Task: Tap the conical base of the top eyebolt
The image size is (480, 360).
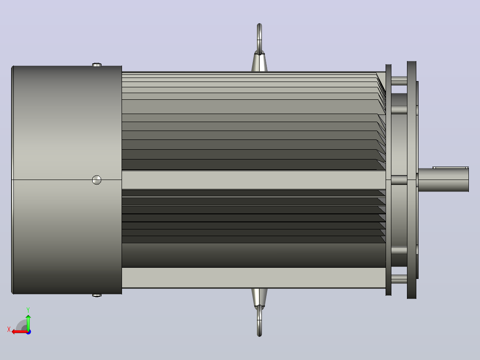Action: (x=259, y=62)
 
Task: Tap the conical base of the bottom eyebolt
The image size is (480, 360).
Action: (x=259, y=297)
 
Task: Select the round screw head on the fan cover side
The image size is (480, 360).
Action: (x=97, y=180)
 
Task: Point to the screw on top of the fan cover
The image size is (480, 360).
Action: (x=97, y=65)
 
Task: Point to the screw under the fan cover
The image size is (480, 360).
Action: (x=97, y=295)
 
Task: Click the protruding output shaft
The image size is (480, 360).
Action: (x=443, y=180)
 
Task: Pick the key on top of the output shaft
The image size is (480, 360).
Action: (x=450, y=168)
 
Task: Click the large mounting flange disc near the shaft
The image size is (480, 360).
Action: (x=411, y=180)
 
